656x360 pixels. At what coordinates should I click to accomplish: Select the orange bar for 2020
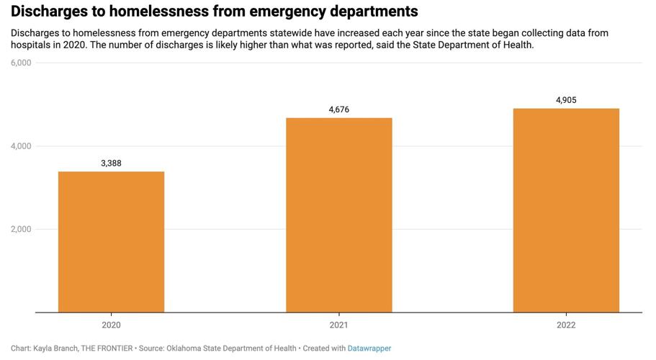111,242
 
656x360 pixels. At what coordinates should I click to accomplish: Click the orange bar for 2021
338,215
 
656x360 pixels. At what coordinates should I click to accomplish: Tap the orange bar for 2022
566,210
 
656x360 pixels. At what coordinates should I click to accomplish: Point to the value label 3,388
111,163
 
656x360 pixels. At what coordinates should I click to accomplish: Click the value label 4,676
338,109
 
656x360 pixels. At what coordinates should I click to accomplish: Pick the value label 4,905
566,100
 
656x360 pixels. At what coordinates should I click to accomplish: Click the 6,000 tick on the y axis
21,63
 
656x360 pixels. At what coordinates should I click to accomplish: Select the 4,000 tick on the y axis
21,146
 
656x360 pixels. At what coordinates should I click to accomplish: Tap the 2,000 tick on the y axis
21,230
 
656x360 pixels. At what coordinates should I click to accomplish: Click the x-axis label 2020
111,325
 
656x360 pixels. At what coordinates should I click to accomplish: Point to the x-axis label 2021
338,325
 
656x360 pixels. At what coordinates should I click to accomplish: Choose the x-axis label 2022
566,325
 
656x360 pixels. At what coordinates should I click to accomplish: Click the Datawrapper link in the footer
369,348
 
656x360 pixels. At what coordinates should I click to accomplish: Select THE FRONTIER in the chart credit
108,348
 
